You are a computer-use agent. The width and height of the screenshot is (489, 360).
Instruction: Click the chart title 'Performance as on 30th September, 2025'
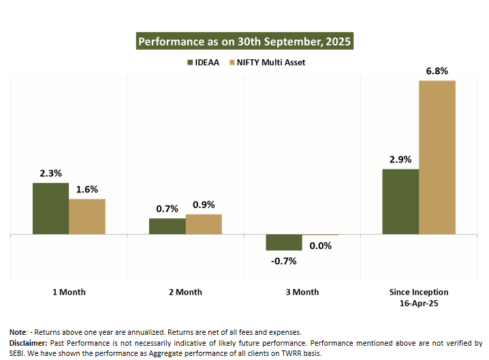coord(245,42)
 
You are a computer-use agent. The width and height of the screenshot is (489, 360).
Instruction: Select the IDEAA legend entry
coord(203,63)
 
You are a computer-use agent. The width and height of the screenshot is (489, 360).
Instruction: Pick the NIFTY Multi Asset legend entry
coord(267,63)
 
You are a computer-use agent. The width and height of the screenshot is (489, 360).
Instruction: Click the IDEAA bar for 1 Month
coord(50,208)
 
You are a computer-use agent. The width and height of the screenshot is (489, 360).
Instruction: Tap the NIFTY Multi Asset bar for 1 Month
coord(87,216)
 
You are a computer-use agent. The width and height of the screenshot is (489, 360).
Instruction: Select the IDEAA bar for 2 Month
coord(167,226)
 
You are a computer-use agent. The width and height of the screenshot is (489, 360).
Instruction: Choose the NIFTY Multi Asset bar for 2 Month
coord(204,224)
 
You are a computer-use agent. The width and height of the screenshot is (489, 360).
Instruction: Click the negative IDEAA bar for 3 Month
coord(283,242)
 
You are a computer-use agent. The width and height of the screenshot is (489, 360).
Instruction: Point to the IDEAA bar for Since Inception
coord(400,201)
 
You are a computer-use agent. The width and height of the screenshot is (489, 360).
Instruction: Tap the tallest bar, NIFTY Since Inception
coord(437,157)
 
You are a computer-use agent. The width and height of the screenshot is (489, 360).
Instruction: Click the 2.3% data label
coord(50,174)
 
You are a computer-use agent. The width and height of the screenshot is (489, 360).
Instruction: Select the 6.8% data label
coord(437,71)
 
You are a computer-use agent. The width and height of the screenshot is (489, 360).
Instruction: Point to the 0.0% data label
coord(320,246)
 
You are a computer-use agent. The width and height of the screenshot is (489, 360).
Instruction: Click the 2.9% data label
coord(400,159)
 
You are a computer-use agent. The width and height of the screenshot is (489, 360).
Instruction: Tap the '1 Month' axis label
coord(69,292)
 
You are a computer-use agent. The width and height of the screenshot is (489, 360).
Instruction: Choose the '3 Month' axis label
coord(302,292)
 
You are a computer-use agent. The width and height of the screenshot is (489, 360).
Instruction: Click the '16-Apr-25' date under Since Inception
coord(419,303)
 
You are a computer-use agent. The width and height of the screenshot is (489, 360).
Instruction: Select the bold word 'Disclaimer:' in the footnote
coord(28,342)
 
